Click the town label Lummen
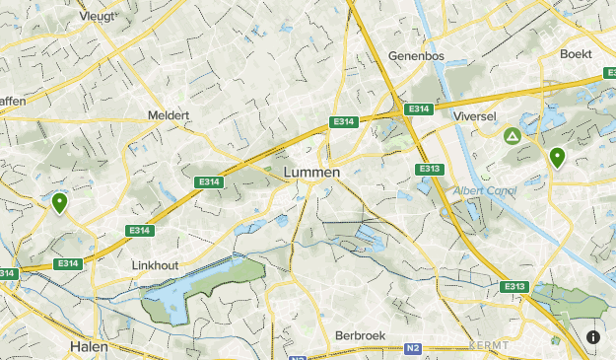click(310, 172)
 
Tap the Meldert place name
click(168, 115)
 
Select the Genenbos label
click(420, 55)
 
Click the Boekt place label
click(577, 53)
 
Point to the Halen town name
click(90, 347)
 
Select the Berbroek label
click(362, 335)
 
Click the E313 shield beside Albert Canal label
click(429, 169)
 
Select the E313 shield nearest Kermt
click(514, 286)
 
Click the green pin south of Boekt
click(557, 157)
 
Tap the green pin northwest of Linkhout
click(60, 203)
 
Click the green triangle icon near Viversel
click(512, 135)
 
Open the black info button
click(593, 337)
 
